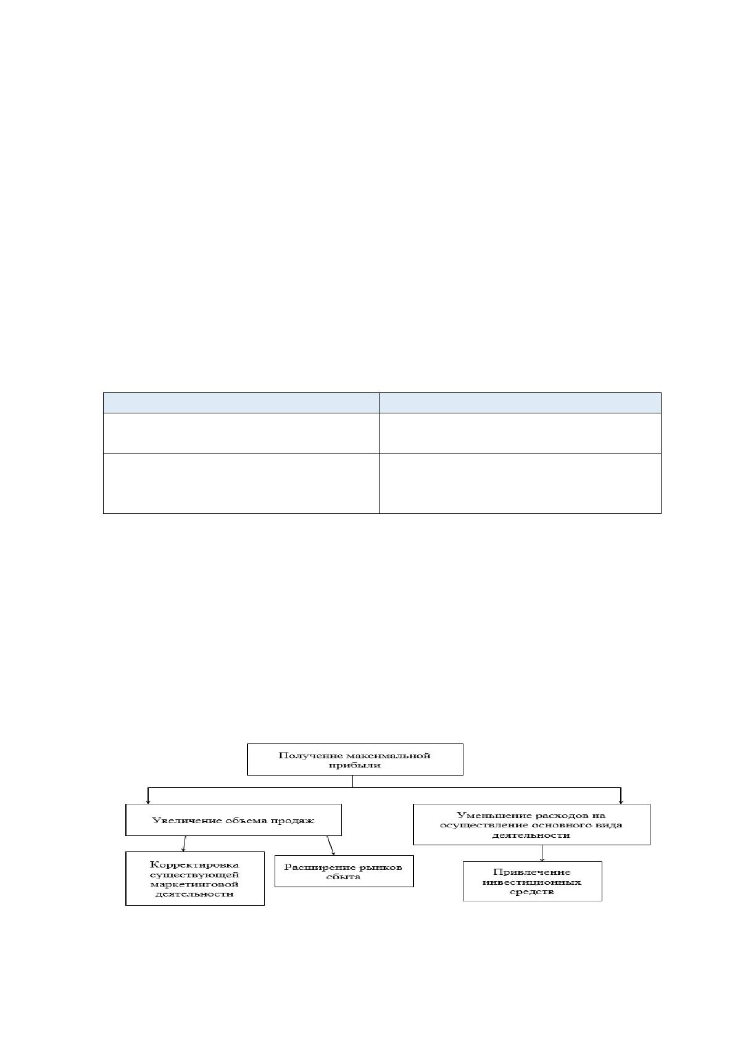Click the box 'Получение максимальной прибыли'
[355, 760]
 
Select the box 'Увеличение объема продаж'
[233, 820]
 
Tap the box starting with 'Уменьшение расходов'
[531, 824]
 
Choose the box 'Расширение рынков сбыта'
[344, 871]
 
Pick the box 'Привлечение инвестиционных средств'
[532, 881]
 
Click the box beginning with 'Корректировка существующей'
[195, 878]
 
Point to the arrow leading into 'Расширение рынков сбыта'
[330, 845]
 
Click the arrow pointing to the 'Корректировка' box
[185, 843]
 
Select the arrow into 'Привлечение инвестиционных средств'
[542, 853]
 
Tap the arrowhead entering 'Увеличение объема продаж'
[148, 802]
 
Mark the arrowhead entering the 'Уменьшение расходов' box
[621, 802]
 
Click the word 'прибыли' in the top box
[354, 765]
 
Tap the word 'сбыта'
[343, 877]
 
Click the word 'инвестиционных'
[532, 882]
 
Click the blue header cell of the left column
[241, 403]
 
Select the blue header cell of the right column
[520, 403]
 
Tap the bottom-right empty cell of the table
[520, 483]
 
